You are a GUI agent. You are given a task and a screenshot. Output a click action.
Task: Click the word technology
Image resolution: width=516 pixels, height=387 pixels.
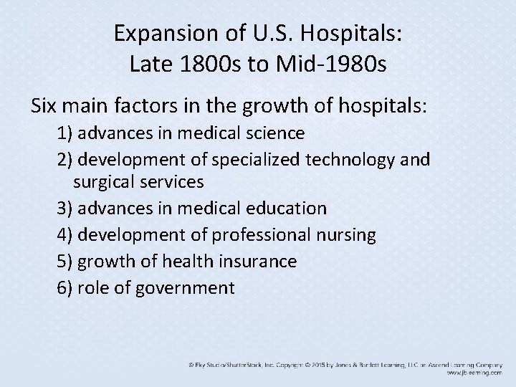360,159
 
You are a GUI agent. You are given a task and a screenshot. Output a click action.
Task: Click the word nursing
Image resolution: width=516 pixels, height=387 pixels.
348,235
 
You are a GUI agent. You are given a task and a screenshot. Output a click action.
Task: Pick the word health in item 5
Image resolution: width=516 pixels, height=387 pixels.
182,262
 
